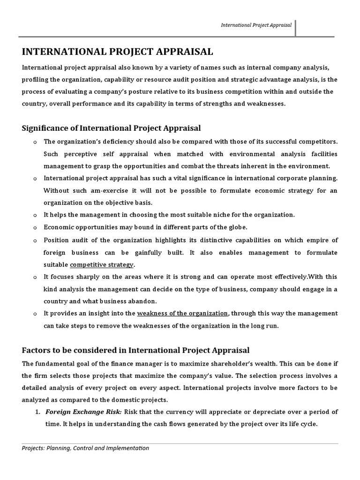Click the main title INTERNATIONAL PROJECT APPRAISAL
[117, 51]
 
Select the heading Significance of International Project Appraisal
[112, 128]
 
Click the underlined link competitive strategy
[102, 264]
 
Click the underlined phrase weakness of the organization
[182, 313]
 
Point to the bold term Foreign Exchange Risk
[83, 412]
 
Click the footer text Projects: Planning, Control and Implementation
[85, 448]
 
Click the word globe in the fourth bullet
[237, 227]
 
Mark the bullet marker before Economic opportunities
[35, 227]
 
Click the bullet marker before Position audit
[35, 240]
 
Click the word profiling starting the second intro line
[35, 79]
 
